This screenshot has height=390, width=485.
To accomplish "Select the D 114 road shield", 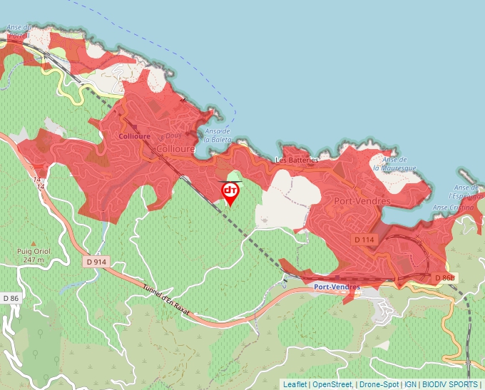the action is [x=364, y=240].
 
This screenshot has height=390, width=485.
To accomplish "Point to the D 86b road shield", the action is [x=443, y=277].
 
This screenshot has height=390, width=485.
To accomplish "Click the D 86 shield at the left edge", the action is [x=11, y=297].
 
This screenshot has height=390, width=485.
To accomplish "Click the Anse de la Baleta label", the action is [x=217, y=135].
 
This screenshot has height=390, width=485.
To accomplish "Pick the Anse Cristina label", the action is [x=453, y=207].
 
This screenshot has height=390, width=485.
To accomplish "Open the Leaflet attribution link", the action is [x=295, y=384].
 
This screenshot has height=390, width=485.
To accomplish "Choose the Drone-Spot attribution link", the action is [x=378, y=384].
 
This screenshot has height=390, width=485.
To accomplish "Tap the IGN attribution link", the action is [x=411, y=384].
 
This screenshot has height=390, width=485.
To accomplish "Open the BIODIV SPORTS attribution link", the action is [x=450, y=384].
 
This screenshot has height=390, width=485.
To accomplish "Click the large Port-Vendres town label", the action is [x=362, y=202].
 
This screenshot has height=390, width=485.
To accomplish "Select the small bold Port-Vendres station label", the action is [x=337, y=287].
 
